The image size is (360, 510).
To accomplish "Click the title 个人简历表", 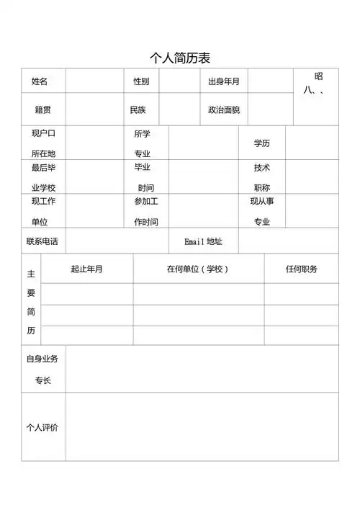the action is tap(180, 58).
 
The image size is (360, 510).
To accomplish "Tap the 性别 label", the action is tap(141, 81).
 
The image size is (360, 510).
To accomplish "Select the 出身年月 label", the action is tap(223, 81).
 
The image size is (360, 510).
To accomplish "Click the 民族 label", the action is tap(138, 110).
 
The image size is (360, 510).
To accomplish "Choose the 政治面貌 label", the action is tap(223, 110).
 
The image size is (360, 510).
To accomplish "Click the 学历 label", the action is tap(261, 143).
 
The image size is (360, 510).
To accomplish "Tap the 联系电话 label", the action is tap(42, 241).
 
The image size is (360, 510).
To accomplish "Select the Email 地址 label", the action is tap(204, 241).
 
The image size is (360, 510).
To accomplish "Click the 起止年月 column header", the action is tap(86, 269).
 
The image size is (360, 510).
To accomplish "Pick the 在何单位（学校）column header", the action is tap(197, 269).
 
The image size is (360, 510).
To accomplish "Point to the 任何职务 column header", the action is tap(301, 269).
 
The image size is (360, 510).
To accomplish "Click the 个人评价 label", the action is tap(42, 427).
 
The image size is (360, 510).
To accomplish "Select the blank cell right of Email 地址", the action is tap(288, 241).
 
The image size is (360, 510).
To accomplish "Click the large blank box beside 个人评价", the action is tap(202, 426).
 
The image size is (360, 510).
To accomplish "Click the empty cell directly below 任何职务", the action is tap(301, 294).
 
